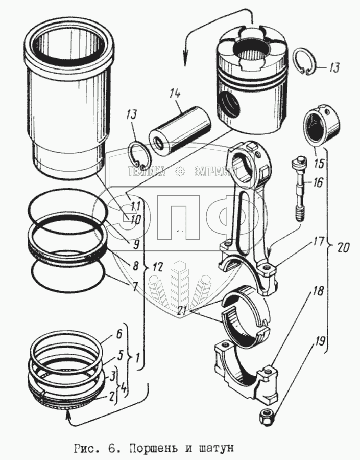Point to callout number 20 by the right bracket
coord(343,247)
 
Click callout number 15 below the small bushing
coord(319,165)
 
